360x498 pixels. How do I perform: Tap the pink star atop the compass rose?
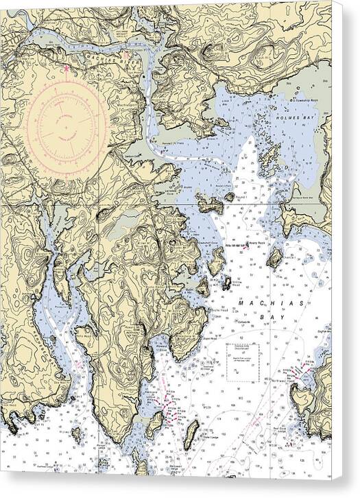(66, 67)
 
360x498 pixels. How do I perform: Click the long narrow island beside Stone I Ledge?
(194, 431)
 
